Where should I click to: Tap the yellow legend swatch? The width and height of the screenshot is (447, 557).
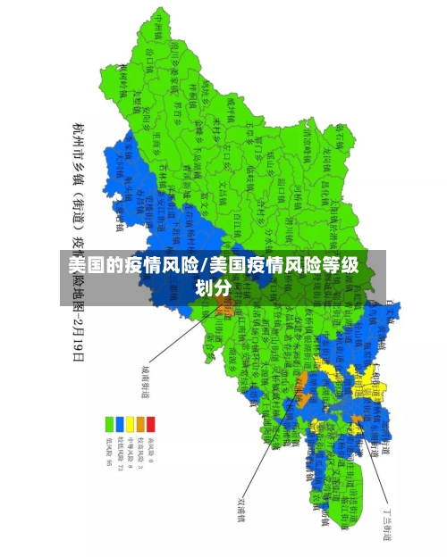130,423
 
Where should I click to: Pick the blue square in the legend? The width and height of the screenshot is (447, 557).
119,423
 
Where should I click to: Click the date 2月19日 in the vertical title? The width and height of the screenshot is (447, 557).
78,335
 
